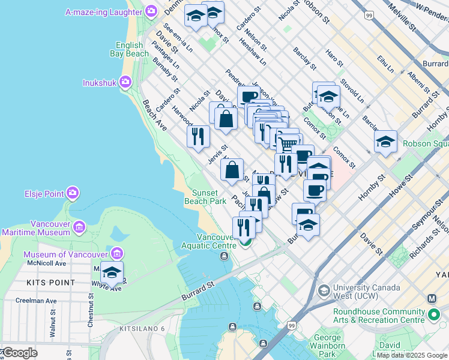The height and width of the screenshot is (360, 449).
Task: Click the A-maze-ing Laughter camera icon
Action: pos(151,11)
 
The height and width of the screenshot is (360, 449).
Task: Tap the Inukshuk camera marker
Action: pos(125,82)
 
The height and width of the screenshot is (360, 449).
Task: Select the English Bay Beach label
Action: pos(129,49)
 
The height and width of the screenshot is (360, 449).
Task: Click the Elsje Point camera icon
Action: pos(73,193)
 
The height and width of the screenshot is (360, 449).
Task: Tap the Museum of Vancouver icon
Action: pos(116,254)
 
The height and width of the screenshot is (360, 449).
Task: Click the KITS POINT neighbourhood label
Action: pos(51,282)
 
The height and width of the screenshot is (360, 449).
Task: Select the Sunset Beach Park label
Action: pos(209,197)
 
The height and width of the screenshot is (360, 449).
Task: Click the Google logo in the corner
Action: pos(20,353)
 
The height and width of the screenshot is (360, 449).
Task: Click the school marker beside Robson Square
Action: pos(385,142)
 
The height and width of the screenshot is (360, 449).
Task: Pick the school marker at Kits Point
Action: pos(112,273)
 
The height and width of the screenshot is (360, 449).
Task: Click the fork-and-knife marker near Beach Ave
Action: pos(198,136)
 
